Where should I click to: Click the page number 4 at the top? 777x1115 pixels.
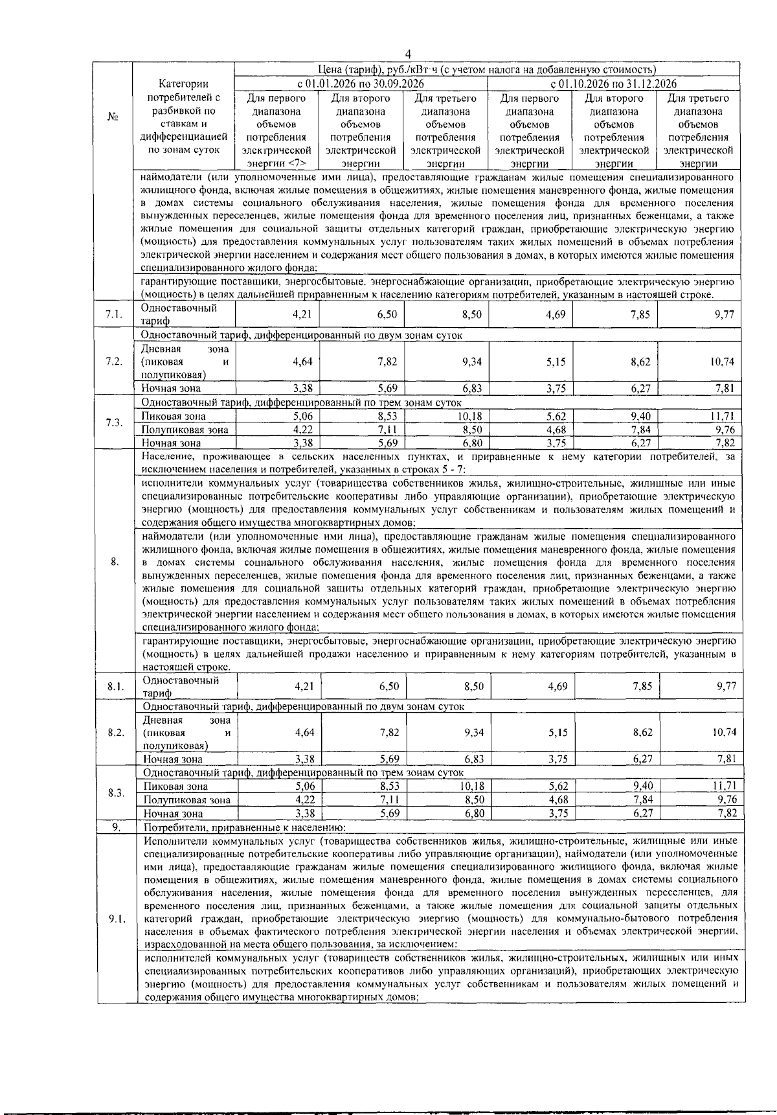pyautogui.click(x=408, y=54)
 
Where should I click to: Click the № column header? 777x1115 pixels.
pyautogui.click(x=113, y=117)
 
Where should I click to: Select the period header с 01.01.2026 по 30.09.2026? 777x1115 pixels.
pyautogui.click(x=361, y=84)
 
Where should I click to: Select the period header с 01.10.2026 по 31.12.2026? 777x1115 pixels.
pyautogui.click(x=613, y=84)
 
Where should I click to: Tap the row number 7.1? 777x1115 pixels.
pyautogui.click(x=113, y=316)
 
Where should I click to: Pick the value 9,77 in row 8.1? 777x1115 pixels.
pyautogui.click(x=726, y=686)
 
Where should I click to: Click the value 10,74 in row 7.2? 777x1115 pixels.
pyautogui.click(x=723, y=362)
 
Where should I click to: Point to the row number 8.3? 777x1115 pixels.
pyautogui.click(x=116, y=793)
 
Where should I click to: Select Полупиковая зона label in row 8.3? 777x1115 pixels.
pyautogui.click(x=186, y=800)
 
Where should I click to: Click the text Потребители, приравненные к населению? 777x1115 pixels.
pyautogui.click(x=245, y=827)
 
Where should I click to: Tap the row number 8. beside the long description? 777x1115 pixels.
pyautogui.click(x=115, y=562)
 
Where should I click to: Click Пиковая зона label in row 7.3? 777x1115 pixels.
pyautogui.click(x=174, y=416)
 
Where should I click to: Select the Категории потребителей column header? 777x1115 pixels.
pyautogui.click(x=183, y=117)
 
